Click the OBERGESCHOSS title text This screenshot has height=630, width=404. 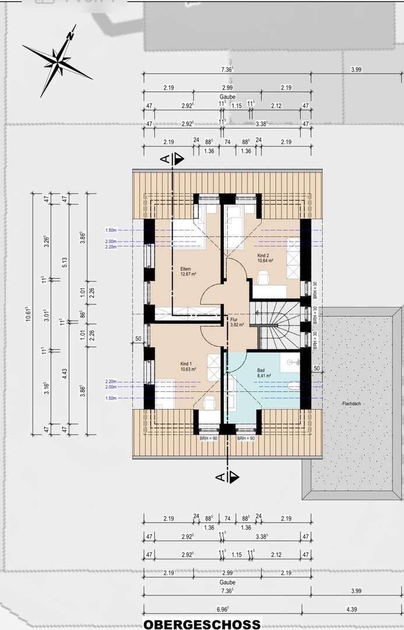coord(202,624)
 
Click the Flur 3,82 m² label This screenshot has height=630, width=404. coord(234,322)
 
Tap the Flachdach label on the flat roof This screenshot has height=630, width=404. coord(353,404)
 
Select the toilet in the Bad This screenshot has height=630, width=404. coord(293,385)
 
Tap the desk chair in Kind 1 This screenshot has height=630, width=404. coord(209,402)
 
